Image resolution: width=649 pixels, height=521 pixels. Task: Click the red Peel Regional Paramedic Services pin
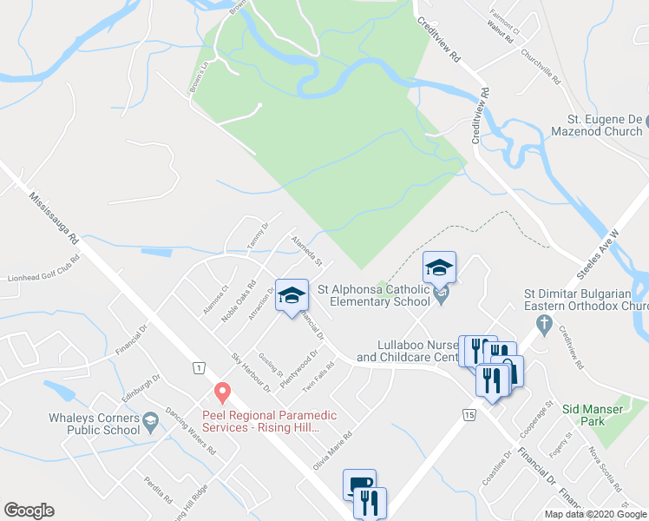pyautogui.click(x=222, y=393)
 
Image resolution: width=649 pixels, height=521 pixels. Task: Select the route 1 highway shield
pyautogui.click(x=200, y=367)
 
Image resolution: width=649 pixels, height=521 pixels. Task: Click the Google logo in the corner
pyautogui.click(x=29, y=511)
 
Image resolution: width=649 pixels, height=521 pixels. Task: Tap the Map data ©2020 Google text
pyautogui.click(x=595, y=514)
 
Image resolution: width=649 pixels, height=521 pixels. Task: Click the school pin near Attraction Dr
pyautogui.click(x=292, y=296)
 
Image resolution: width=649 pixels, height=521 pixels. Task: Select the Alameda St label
pyautogui.click(x=307, y=249)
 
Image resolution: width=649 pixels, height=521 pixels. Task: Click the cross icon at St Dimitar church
pyautogui.click(x=544, y=326)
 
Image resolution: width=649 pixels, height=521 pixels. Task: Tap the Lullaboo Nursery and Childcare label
pyautogui.click(x=406, y=351)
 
